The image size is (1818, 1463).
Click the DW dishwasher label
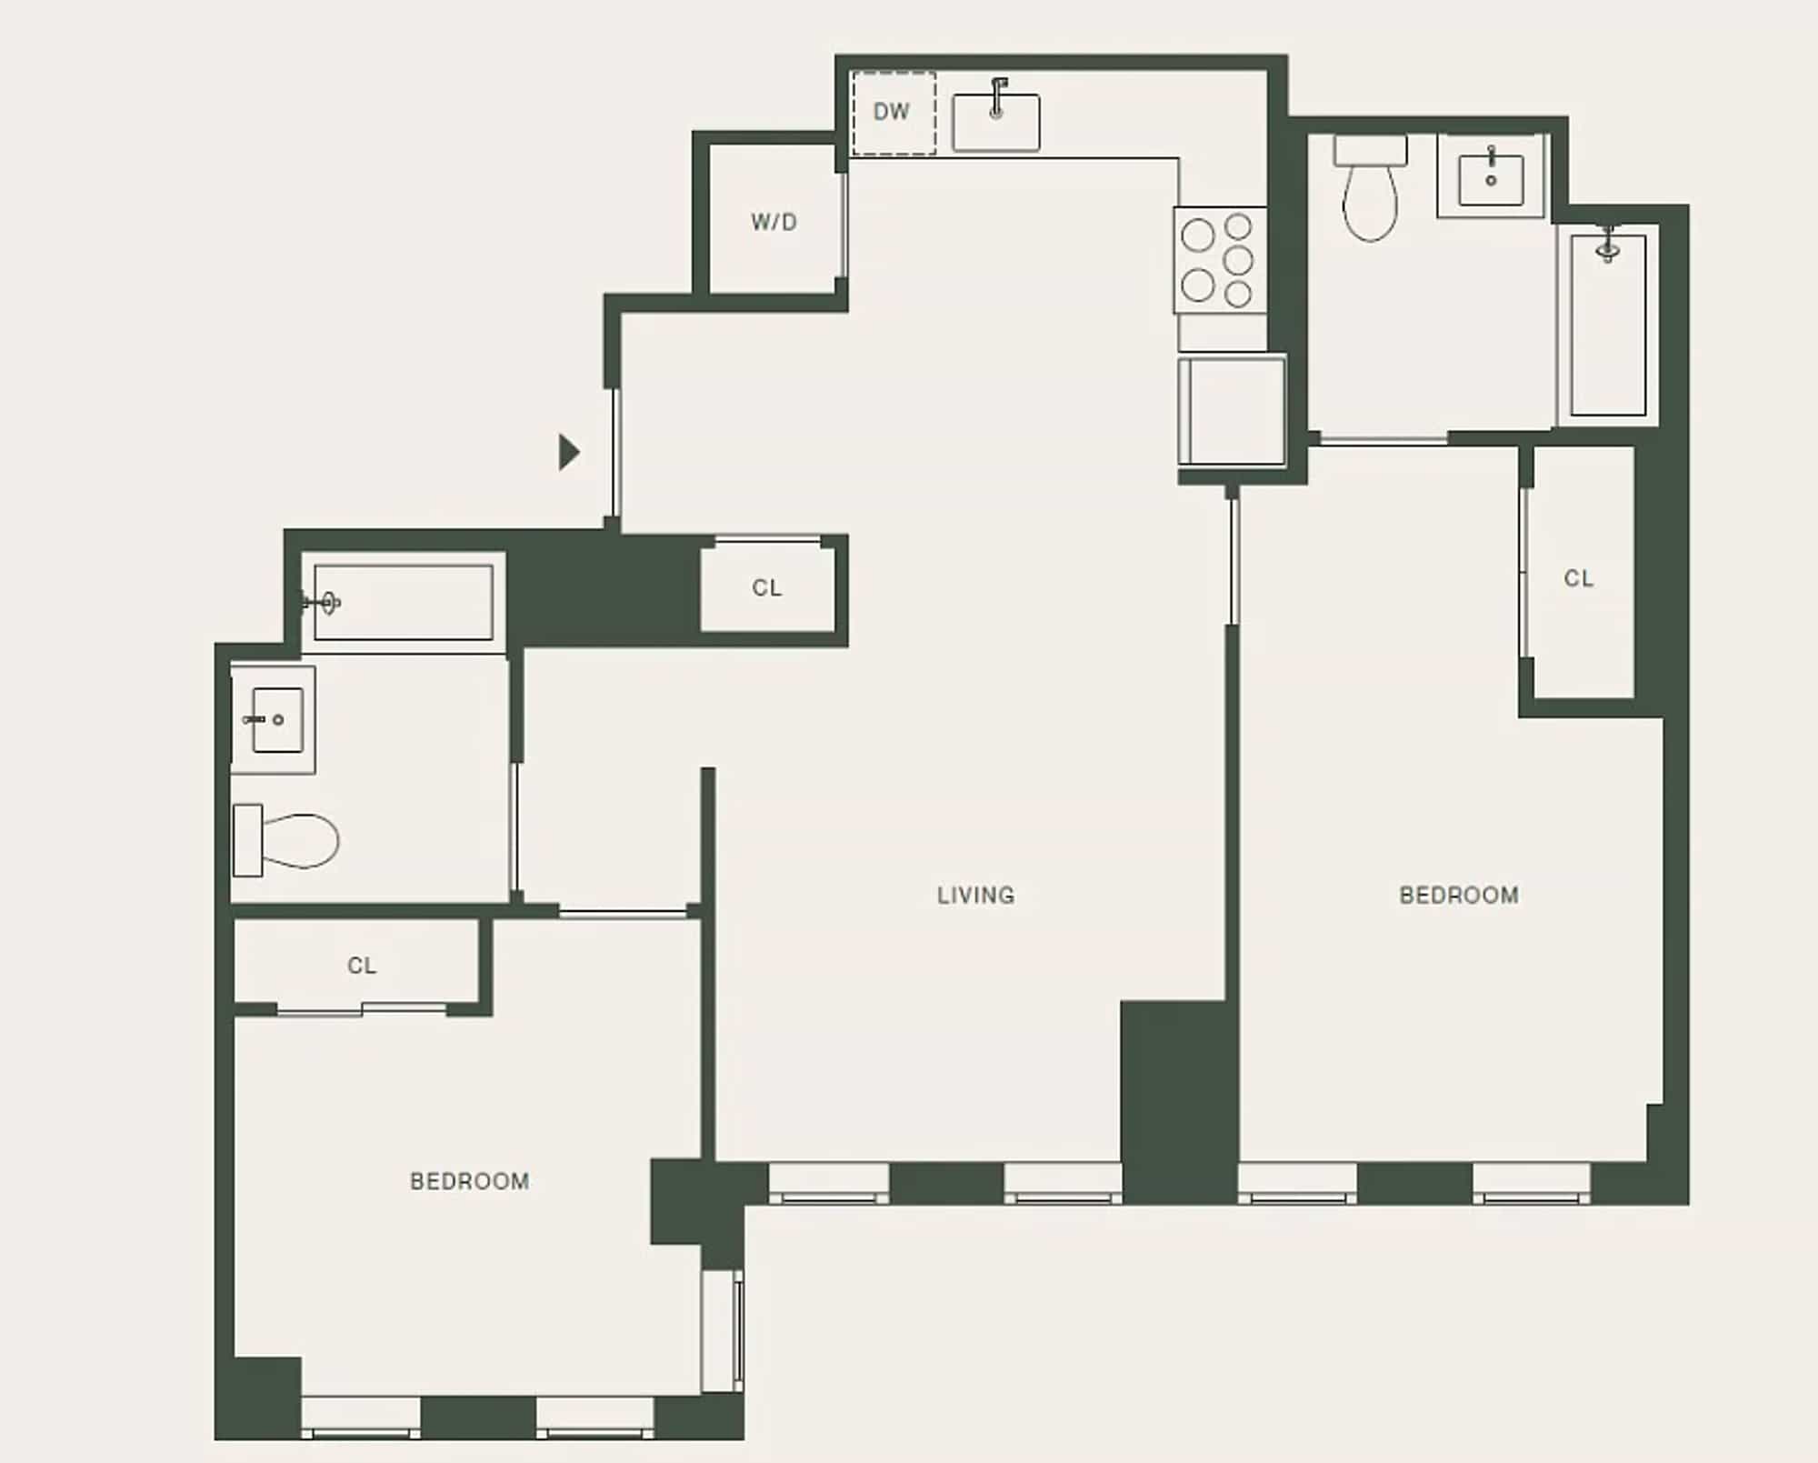[891, 112]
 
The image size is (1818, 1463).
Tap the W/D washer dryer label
[774, 222]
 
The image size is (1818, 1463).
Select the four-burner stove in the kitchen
[1219, 260]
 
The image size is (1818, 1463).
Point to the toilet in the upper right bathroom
[1370, 187]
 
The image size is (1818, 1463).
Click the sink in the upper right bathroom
[1491, 176]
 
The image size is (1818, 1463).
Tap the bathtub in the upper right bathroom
[1607, 325]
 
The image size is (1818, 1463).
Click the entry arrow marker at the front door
[569, 452]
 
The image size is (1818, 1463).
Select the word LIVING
[975, 896]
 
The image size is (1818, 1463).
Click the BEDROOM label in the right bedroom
[1459, 896]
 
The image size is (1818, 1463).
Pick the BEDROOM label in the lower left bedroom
[469, 1181]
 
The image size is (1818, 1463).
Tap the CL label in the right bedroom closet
[1578, 578]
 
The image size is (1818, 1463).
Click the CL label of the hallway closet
[766, 588]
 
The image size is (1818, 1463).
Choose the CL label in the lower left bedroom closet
[361, 965]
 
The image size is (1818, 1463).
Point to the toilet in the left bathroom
[285, 840]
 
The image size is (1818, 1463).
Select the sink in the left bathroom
[274, 719]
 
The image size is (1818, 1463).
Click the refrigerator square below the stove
[1232, 411]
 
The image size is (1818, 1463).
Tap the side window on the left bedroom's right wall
[724, 1330]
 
